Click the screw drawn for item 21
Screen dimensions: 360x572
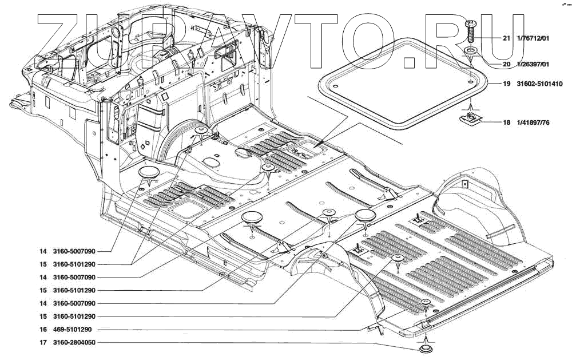click(471, 31)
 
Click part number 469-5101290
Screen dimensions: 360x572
click(73, 330)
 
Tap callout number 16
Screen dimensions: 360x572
click(43, 330)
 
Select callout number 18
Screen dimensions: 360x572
click(506, 122)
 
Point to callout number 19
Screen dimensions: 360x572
click(506, 84)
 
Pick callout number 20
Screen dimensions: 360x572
click(506, 65)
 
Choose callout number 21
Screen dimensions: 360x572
click(506, 39)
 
